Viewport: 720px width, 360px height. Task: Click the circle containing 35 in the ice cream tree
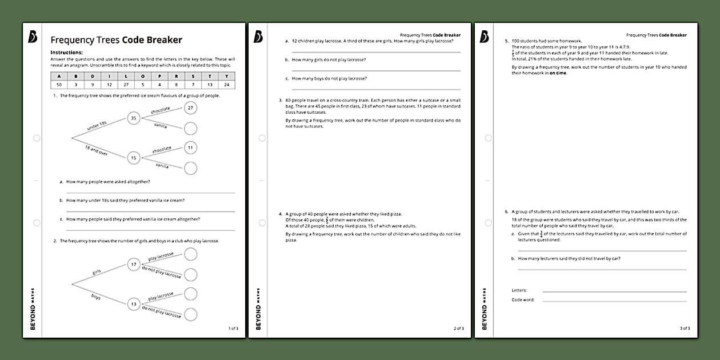click(134, 118)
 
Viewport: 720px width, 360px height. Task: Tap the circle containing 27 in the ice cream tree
click(191, 107)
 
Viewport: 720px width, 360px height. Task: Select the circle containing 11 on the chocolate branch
click(191, 147)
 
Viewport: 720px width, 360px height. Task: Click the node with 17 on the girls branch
click(134, 264)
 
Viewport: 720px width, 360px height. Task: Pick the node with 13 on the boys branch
click(134, 304)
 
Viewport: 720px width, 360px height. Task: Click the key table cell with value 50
click(59, 84)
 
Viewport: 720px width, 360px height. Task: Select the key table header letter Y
click(227, 76)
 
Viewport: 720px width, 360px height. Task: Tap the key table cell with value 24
click(227, 84)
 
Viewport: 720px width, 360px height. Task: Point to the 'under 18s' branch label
click(98, 127)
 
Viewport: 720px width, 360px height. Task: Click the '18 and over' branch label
click(97, 150)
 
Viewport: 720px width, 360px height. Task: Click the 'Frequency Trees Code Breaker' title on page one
click(116, 40)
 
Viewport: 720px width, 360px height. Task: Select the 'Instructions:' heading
click(66, 52)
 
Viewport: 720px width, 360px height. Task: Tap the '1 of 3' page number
click(233, 329)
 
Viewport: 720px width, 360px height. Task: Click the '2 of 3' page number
click(458, 329)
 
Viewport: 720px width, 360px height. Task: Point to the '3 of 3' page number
click(685, 329)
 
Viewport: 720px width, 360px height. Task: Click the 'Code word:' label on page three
click(523, 299)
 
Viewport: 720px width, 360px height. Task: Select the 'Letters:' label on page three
click(519, 290)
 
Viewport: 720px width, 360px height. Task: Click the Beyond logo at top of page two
click(258, 37)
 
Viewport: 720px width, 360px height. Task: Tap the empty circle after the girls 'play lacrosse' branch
click(191, 254)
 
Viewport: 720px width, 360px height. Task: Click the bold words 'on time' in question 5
click(558, 73)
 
